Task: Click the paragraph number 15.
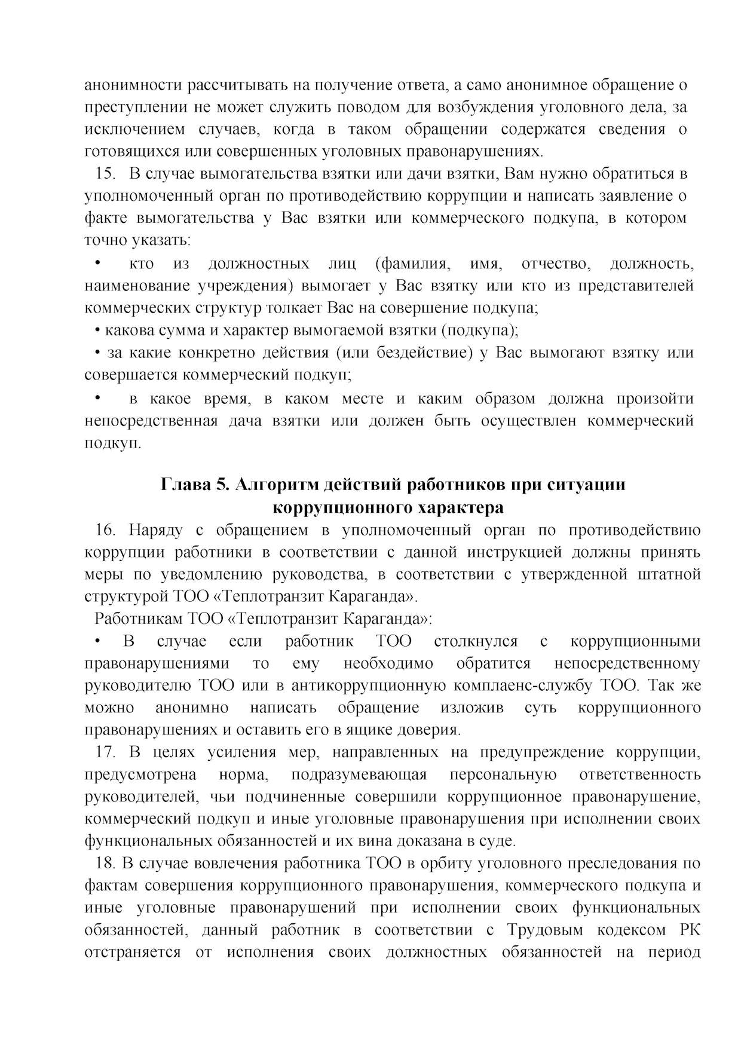click(105, 174)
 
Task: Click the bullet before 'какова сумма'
click(97, 330)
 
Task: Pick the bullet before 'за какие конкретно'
click(97, 353)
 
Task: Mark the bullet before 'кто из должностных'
click(97, 263)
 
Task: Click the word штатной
click(674, 575)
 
